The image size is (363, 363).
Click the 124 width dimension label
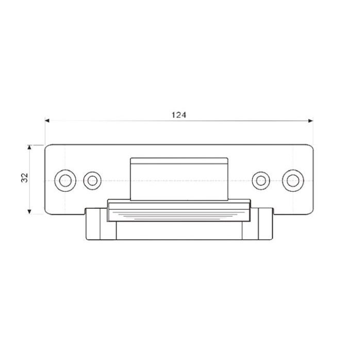click(x=179, y=115)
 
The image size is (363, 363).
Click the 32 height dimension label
click(x=25, y=178)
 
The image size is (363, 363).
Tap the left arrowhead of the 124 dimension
click(x=47, y=121)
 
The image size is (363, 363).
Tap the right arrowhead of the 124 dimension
click(x=311, y=121)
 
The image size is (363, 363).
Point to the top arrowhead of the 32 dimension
click(x=29, y=147)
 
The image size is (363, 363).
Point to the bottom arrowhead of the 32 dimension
click(x=29, y=211)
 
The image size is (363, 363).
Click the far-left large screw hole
click(x=65, y=180)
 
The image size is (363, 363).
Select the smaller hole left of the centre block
click(x=92, y=180)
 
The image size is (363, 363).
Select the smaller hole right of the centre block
click(x=261, y=180)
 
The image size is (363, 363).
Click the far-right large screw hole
click(x=293, y=180)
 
